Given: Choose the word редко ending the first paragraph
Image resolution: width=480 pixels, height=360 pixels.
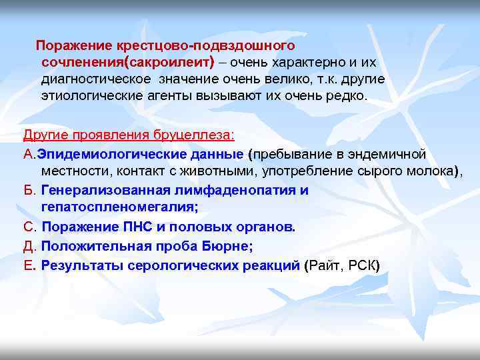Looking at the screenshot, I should click(x=349, y=95).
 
